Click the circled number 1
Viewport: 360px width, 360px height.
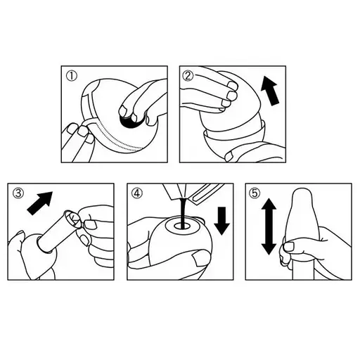click(x=72, y=77)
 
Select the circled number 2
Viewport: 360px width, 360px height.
click(x=188, y=76)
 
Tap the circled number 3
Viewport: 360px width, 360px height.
click(x=18, y=193)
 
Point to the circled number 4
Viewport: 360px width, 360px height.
click(x=137, y=193)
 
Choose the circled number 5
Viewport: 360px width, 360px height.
click(x=255, y=193)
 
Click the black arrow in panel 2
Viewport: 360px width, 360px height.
click(x=270, y=91)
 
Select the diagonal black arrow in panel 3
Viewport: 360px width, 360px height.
click(x=40, y=202)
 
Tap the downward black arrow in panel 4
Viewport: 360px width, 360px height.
click(x=221, y=221)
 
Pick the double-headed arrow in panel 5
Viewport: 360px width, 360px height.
click(x=269, y=226)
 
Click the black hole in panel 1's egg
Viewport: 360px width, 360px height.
click(x=129, y=122)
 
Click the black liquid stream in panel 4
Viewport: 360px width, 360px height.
click(x=183, y=213)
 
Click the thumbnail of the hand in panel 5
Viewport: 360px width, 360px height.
click(x=289, y=246)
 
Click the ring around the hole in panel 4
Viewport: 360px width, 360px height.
click(x=183, y=226)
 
